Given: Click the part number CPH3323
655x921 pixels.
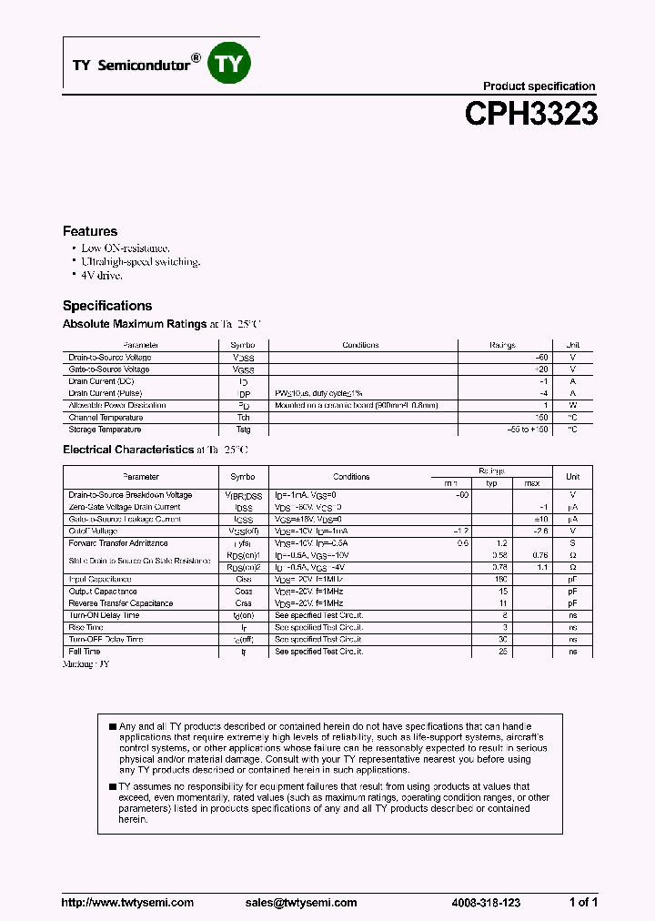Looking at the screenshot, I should (x=530, y=114).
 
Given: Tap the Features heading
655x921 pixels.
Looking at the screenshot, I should (x=90, y=231).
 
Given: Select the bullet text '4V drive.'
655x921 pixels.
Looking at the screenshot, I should (x=101, y=275).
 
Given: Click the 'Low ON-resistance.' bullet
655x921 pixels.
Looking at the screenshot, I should (x=126, y=248).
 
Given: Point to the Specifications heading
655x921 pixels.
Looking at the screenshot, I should (x=107, y=306).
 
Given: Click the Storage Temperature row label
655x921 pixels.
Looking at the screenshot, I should (x=105, y=430).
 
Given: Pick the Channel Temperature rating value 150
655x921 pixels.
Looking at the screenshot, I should (x=542, y=418).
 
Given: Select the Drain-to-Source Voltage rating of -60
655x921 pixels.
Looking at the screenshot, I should (x=542, y=358).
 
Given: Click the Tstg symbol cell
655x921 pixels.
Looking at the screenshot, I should (x=243, y=430).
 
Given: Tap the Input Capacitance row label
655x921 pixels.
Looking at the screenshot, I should (x=100, y=580).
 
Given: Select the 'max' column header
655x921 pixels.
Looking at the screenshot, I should (x=532, y=483).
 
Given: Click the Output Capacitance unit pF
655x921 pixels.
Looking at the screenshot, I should (x=572, y=592).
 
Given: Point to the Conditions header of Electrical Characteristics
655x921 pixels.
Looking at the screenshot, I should (x=351, y=477).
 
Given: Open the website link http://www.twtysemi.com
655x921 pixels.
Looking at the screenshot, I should (x=127, y=903).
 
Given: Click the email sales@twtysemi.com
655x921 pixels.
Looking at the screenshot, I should (x=301, y=903).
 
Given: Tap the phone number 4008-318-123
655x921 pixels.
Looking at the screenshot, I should (x=486, y=903).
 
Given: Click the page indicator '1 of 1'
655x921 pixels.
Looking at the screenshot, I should (x=583, y=903).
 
